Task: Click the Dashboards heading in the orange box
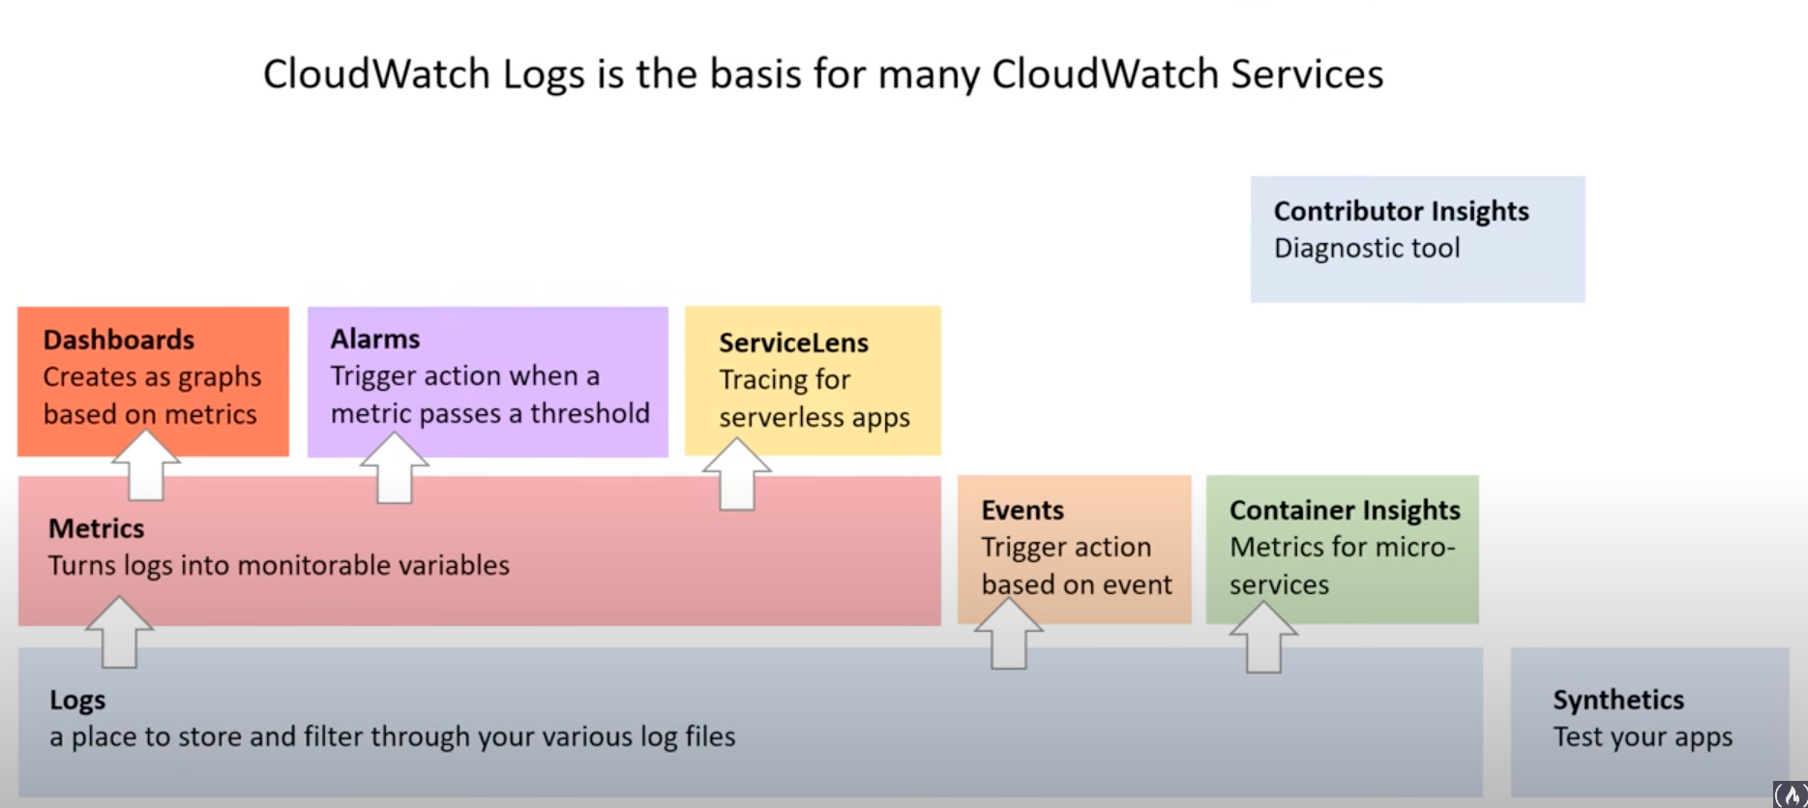(118, 340)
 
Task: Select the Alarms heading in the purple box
(374, 339)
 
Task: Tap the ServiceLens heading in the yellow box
(793, 343)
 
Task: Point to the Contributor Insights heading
(1401, 211)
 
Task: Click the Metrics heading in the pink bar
(96, 528)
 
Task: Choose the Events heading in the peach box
(1022, 510)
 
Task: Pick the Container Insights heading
(1345, 510)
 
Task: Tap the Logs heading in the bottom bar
(77, 700)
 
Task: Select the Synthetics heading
(1617, 700)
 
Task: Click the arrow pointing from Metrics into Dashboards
(146, 466)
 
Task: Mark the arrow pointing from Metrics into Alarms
(395, 468)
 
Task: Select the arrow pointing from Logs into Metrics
(120, 633)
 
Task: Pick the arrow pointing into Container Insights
(1263, 638)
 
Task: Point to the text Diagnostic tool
(1366, 249)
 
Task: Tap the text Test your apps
(1642, 737)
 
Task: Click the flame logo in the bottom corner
(1791, 794)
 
